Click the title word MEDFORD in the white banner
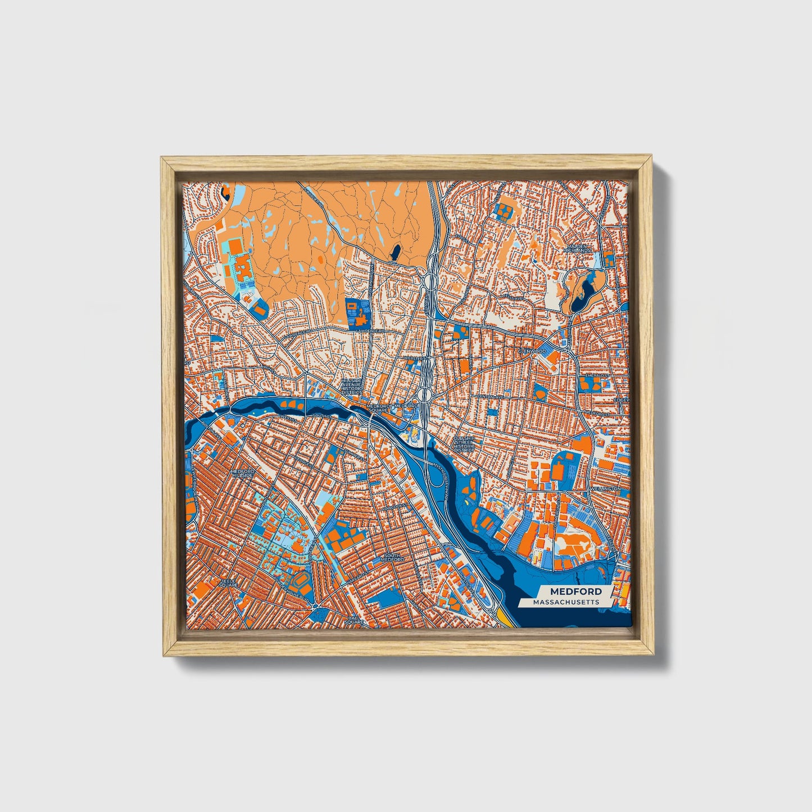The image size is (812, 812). point(575,591)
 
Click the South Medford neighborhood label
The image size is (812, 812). point(391,557)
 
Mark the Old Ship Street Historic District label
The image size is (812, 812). point(464,444)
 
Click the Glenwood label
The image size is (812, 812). point(532,351)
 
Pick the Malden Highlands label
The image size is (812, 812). point(578,248)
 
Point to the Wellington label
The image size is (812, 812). point(605,489)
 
